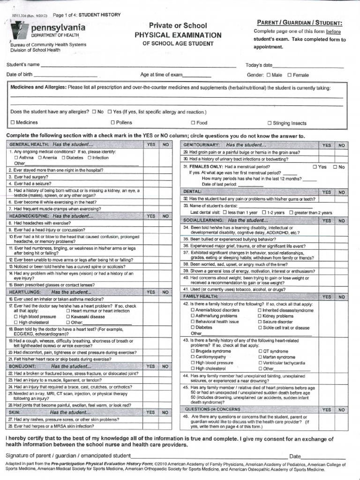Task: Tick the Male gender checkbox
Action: click(x=269, y=75)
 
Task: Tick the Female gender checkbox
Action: click(x=290, y=75)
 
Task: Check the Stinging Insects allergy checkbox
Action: click(x=269, y=123)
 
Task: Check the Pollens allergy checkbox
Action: click(x=112, y=123)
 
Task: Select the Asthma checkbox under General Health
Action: click(x=16, y=158)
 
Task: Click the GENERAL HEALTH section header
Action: click(x=52, y=145)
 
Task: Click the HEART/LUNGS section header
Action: click(x=49, y=292)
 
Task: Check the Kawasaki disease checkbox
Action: click(x=69, y=316)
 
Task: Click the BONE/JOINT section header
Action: click(x=49, y=366)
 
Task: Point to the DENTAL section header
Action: click(x=193, y=192)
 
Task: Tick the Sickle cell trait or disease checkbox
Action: click(x=260, y=328)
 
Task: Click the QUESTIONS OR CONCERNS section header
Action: click(x=212, y=409)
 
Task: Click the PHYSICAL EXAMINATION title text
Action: click(x=178, y=35)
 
